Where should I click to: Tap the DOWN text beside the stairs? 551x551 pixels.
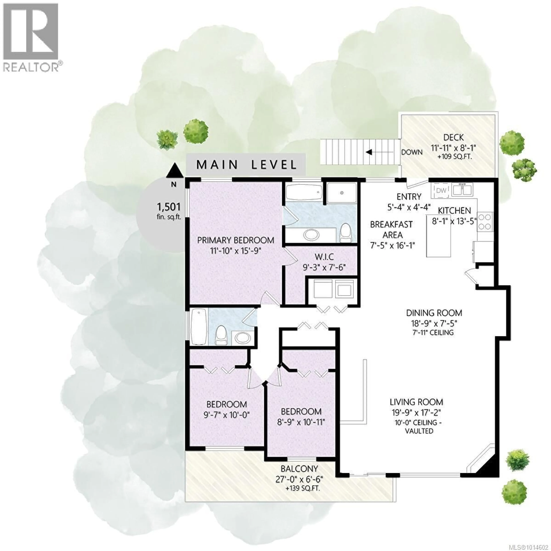click(x=412, y=152)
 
